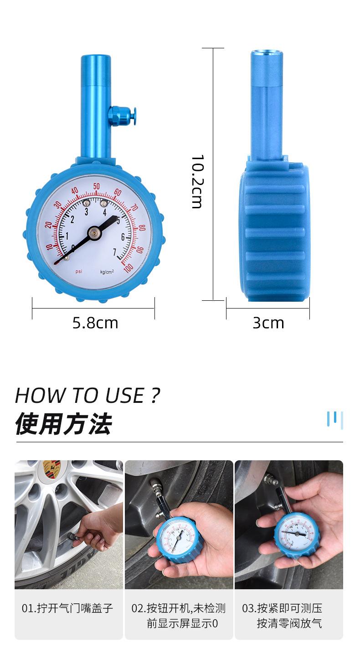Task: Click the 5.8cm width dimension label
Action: [95, 323]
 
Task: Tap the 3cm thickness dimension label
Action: [268, 323]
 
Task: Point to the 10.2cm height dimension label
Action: [196, 181]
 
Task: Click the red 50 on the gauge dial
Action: [97, 186]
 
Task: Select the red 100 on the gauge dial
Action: [128, 268]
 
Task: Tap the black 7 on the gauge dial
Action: [115, 252]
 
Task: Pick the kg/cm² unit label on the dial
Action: [107, 272]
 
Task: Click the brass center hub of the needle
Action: [94, 232]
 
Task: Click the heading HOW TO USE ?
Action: [87, 395]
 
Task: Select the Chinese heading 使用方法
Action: [63, 424]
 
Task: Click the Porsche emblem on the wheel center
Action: [51, 469]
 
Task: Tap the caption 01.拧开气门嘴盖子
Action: [67, 608]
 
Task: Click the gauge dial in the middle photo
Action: [175, 538]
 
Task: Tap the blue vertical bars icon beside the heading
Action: [335, 419]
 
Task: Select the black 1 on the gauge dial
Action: [67, 236]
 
